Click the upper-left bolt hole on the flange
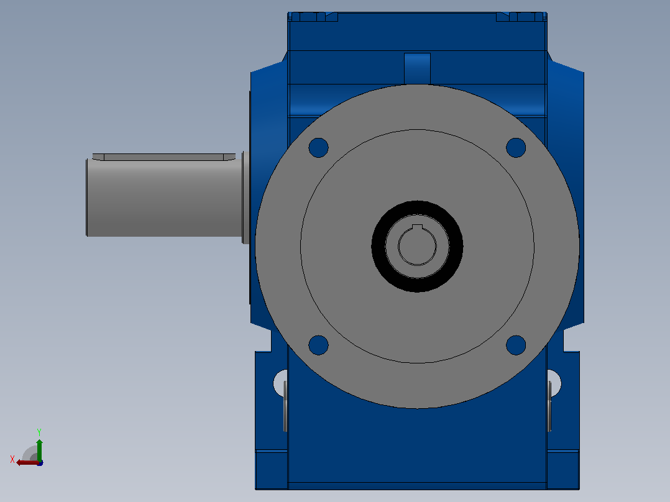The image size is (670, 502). [x=318, y=148]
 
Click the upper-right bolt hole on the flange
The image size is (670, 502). [x=516, y=148]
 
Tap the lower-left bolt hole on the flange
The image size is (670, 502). [x=318, y=345]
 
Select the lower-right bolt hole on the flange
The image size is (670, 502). [x=516, y=345]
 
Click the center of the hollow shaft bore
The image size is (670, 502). [x=417, y=247]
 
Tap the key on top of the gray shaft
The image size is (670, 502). [x=163, y=157]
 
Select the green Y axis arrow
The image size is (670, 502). [x=39, y=450]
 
